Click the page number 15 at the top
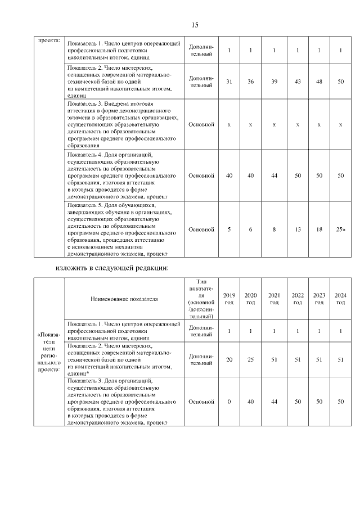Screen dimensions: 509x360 point(195,25)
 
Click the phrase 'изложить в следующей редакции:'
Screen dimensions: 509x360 point(112,267)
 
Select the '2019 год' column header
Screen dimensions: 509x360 point(229,299)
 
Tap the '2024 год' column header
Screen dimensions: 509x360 point(340,299)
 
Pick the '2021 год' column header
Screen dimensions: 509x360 point(274,299)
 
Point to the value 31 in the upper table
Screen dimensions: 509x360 point(229,82)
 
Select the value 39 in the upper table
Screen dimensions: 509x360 point(274,82)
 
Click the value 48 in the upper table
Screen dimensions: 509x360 point(319,82)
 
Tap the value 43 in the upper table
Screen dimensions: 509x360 point(298,82)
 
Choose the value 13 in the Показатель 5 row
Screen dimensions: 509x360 point(298,229)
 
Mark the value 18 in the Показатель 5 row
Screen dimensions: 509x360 point(319,229)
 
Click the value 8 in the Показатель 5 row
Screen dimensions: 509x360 point(274,229)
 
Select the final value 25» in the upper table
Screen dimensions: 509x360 point(340,229)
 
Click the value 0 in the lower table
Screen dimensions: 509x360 point(229,402)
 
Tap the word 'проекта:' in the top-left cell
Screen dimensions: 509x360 point(48,41)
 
